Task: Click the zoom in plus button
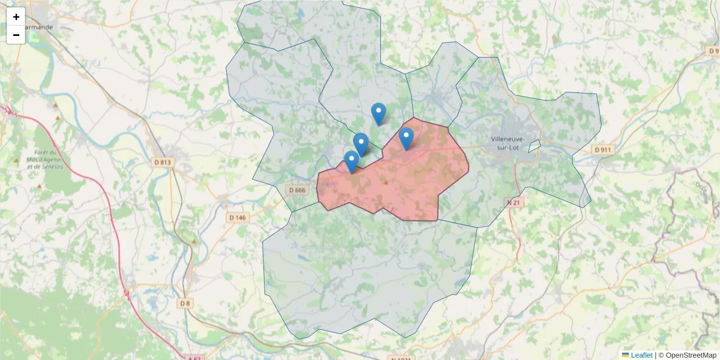16,17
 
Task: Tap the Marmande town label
37,27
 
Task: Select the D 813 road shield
163,162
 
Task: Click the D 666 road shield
297,190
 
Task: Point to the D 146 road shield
238,217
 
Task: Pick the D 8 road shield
185,304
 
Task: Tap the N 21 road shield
514,202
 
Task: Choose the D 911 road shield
603,149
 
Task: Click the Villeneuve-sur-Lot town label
508,143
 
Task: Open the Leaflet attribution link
641,355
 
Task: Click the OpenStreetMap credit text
691,355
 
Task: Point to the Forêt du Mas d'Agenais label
46,159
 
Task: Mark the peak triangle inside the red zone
386,182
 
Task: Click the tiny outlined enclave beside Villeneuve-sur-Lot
534,146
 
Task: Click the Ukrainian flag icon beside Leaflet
626,355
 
